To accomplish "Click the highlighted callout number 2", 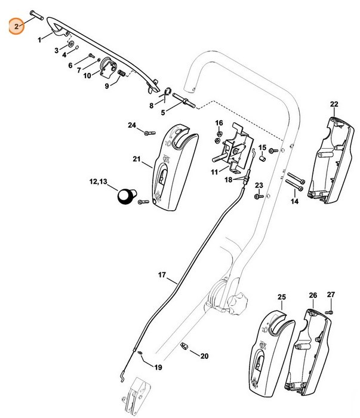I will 17,26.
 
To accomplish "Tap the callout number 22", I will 334,105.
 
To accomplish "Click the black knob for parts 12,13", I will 127,195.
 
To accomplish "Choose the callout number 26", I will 313,296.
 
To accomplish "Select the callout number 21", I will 136,159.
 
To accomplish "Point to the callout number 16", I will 219,123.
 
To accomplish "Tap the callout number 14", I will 294,202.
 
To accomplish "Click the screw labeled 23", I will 258,195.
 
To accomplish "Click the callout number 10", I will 87,76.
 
